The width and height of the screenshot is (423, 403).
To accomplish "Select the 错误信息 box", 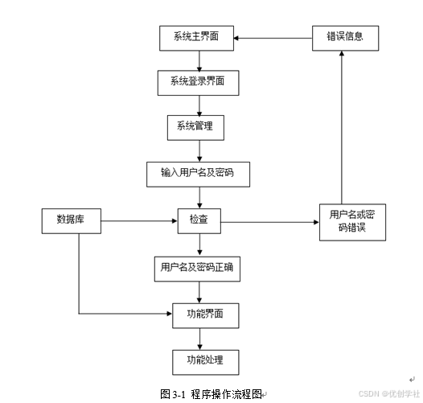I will click(345, 38).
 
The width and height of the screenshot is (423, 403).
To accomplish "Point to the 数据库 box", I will click(72, 220).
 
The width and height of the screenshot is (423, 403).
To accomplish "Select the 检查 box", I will click(199, 220).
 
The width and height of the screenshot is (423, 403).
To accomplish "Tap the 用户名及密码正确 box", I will click(196, 267).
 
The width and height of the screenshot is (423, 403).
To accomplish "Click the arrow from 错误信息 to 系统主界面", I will click(273, 38).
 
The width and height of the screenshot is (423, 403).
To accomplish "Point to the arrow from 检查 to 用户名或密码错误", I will click(269, 220).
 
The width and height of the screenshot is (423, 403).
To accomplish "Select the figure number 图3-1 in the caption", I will click(173, 394).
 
